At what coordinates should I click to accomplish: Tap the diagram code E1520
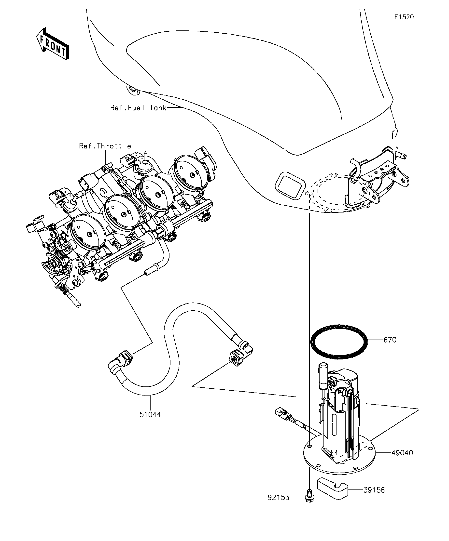click(404, 17)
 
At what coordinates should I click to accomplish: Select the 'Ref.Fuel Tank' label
click(138, 108)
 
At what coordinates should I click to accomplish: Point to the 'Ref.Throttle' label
click(105, 146)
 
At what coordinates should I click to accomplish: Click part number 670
click(390, 340)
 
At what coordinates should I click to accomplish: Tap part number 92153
click(279, 505)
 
